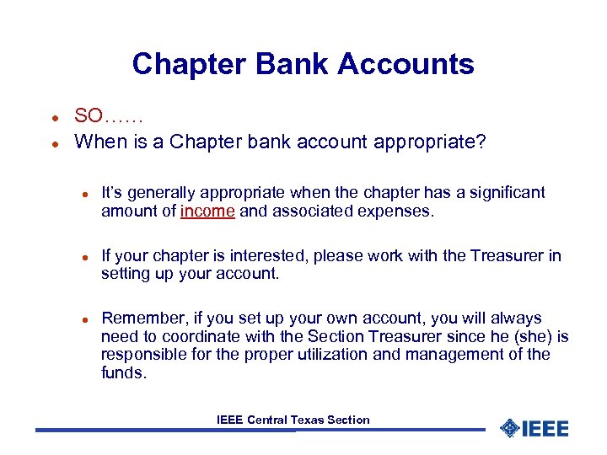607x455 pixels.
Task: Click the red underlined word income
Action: click(207, 211)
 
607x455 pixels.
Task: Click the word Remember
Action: click(136, 318)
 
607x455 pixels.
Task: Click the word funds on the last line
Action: click(122, 372)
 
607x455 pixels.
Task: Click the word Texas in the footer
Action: click(309, 420)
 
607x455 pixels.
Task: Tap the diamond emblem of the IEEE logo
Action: click(510, 428)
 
